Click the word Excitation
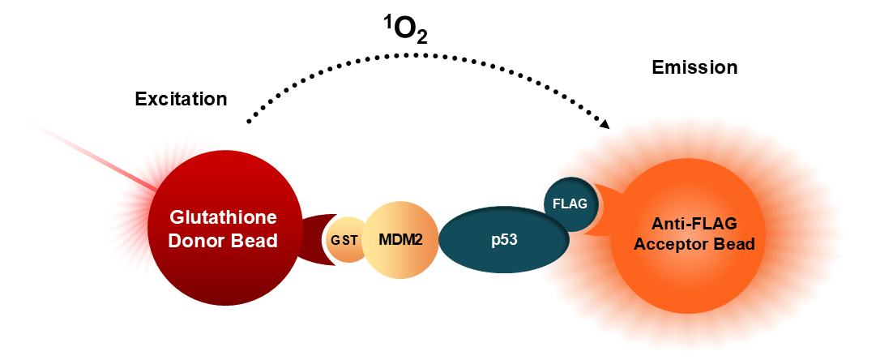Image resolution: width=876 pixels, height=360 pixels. pyautogui.click(x=182, y=99)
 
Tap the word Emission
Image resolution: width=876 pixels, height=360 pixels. pyautogui.click(x=694, y=67)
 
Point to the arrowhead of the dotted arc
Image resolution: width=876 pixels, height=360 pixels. pyautogui.click(x=605, y=123)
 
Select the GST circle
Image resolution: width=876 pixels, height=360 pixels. pyautogui.click(x=344, y=240)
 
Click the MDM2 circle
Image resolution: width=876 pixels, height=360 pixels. pyautogui.click(x=400, y=240)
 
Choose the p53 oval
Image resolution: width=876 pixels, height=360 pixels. pyautogui.click(x=504, y=240)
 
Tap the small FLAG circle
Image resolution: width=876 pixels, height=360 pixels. pyautogui.click(x=570, y=204)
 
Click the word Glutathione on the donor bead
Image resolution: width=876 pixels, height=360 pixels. pyautogui.click(x=223, y=216)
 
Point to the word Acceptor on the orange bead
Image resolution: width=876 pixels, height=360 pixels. pyautogui.click(x=674, y=244)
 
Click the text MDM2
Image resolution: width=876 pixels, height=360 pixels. pyautogui.click(x=400, y=240)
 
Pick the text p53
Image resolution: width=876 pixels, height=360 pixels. pyautogui.click(x=504, y=241)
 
